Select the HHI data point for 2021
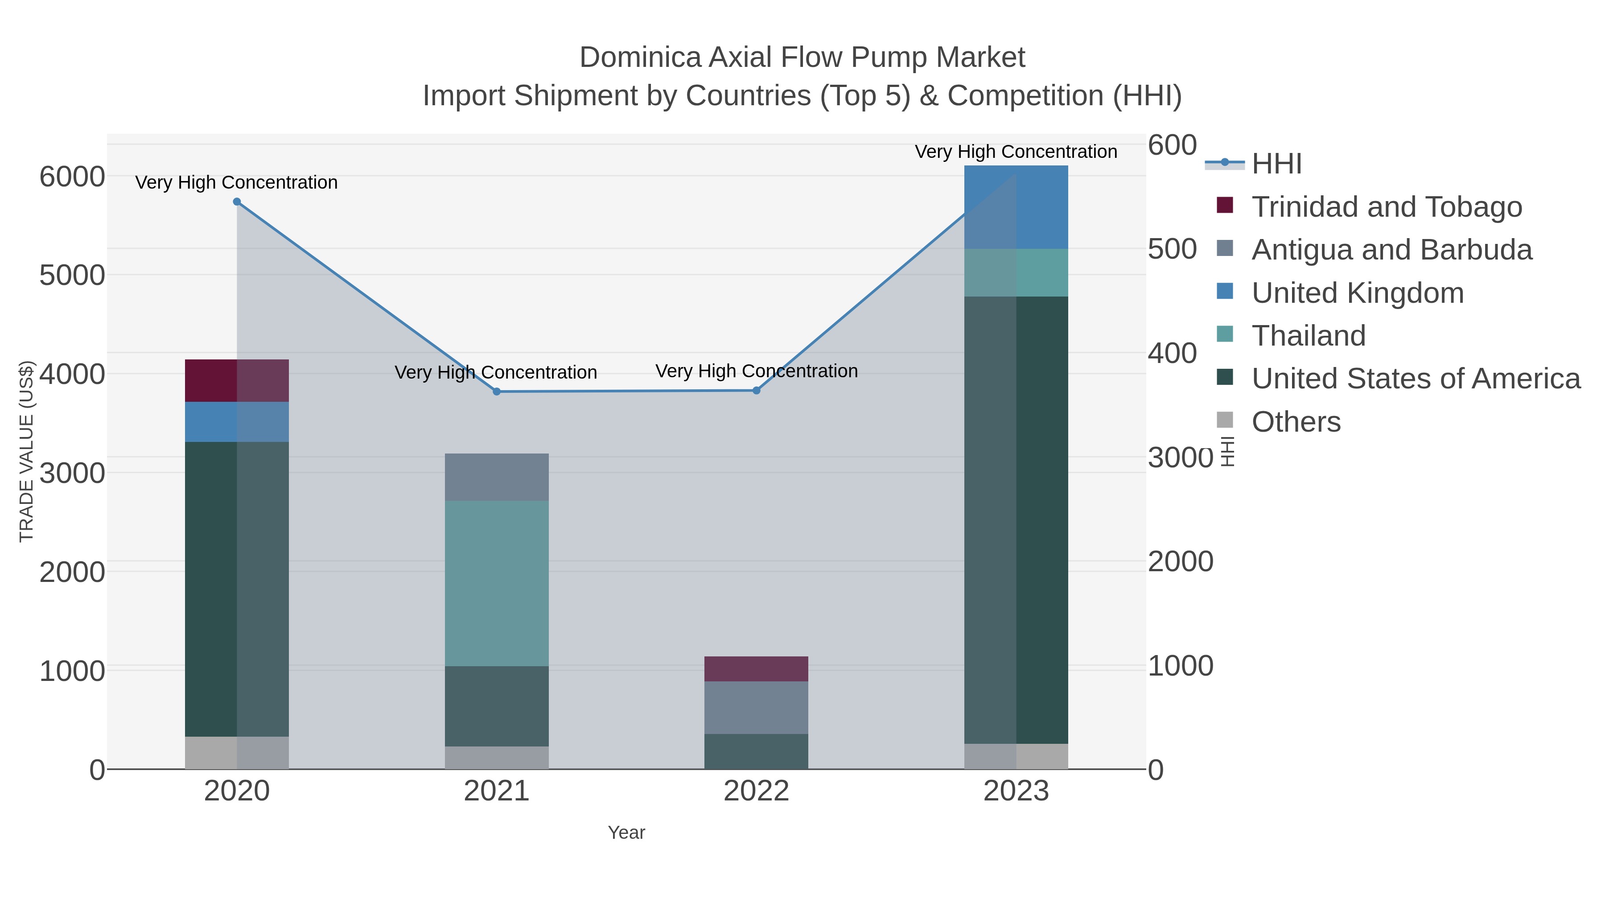coord(497,392)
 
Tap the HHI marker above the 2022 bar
coord(757,391)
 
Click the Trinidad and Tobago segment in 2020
coord(237,381)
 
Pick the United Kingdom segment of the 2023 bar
coord(1016,207)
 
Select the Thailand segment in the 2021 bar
coord(497,583)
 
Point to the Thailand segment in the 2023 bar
coord(1016,273)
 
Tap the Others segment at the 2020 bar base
coord(237,753)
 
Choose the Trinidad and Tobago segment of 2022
coord(757,669)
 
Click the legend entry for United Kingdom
coord(1357,293)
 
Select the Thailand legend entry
coord(1309,336)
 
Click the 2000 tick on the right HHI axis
coord(1180,561)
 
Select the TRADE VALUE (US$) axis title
coord(26,451)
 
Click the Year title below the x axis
coord(626,833)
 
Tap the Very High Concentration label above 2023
coord(1016,152)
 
